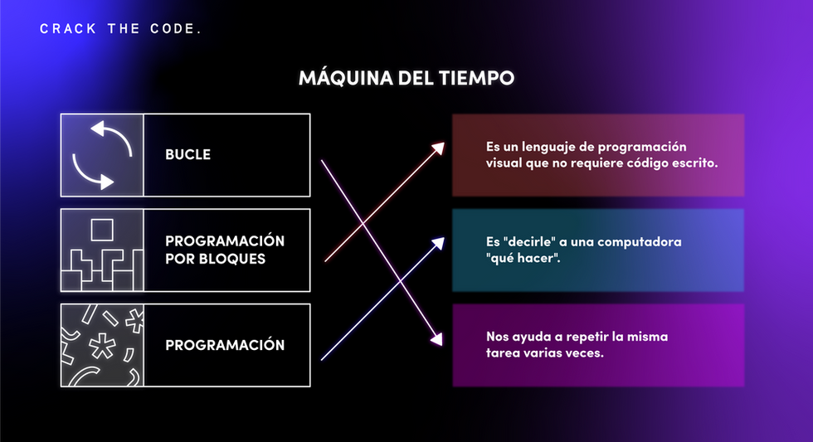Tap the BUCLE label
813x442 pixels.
click(x=187, y=154)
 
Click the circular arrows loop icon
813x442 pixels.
click(x=102, y=154)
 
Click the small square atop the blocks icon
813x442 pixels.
click(x=102, y=228)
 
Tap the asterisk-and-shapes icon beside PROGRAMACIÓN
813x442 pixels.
click(x=102, y=345)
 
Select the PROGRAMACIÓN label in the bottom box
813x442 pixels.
click(x=225, y=345)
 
